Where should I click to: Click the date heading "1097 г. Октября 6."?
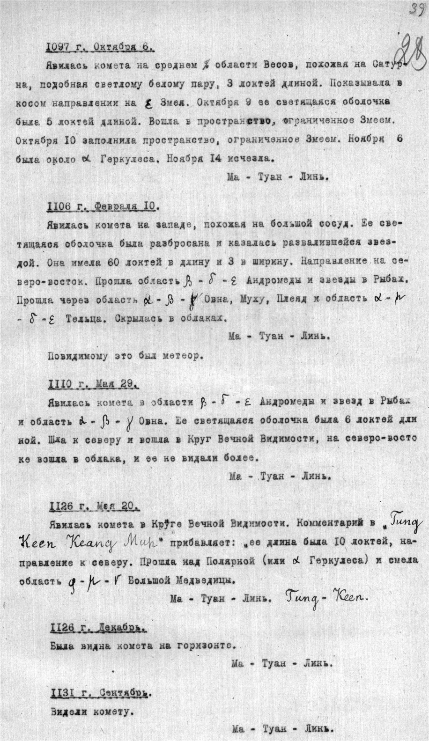click(x=100, y=47)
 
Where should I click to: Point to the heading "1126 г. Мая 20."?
click(x=94, y=506)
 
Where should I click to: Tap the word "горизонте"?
click(x=204, y=646)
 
